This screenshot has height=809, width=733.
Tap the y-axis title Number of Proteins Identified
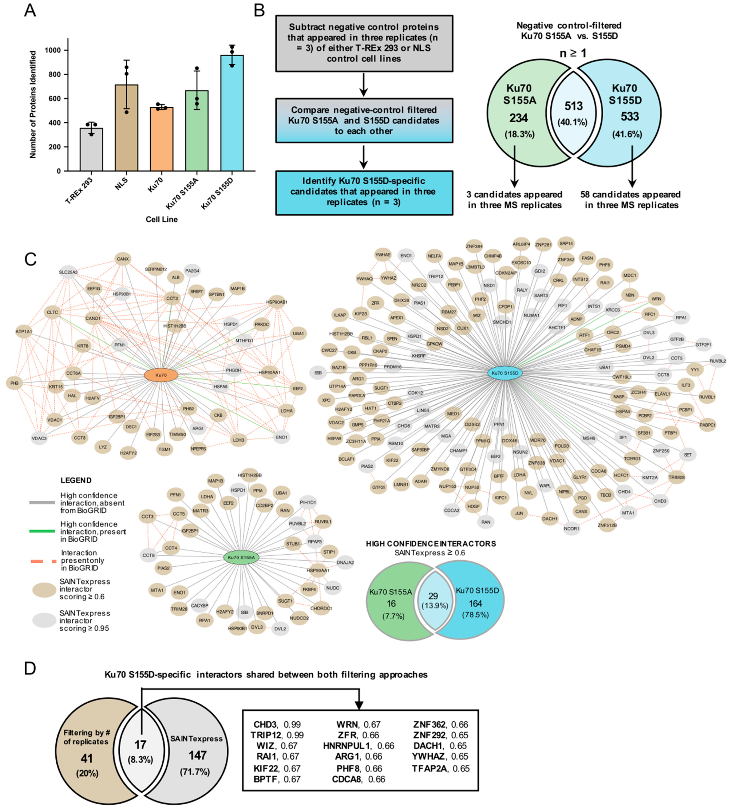(33, 104)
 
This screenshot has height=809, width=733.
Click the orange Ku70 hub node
(161, 375)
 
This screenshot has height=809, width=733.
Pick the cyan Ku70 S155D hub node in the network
(505, 373)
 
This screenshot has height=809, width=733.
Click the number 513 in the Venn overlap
(573, 106)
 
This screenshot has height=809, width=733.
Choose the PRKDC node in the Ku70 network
(262, 324)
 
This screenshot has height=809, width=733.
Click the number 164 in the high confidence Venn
(475, 603)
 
